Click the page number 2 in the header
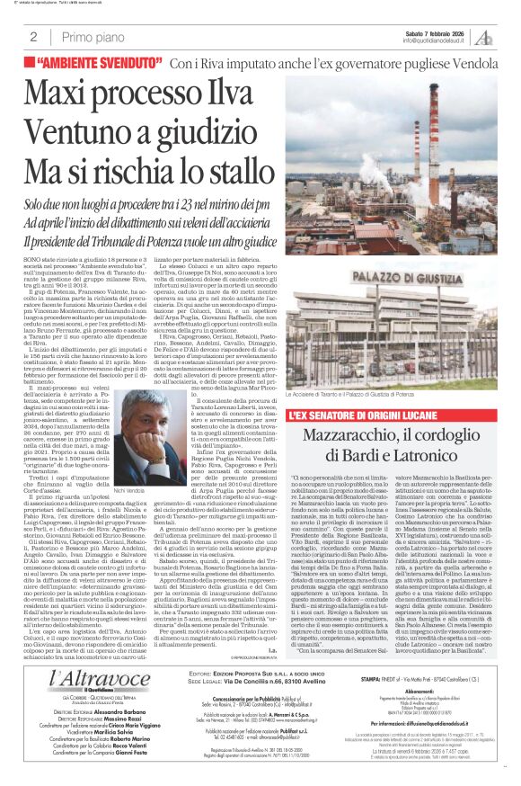pos(33,37)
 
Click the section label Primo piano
pos(90,37)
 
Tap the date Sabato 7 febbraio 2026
pos(431,32)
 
